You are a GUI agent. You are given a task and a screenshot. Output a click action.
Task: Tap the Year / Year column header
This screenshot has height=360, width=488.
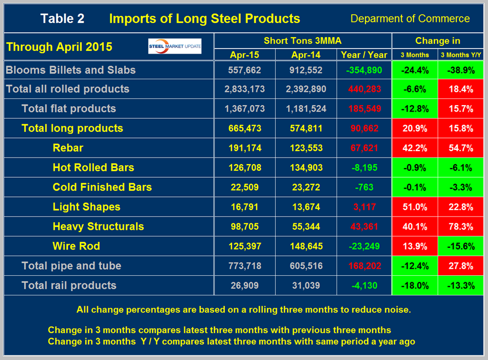point(364,55)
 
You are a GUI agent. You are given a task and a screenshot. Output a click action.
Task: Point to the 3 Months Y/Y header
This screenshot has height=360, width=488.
point(461,55)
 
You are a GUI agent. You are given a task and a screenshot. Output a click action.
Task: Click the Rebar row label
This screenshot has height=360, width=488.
point(68,148)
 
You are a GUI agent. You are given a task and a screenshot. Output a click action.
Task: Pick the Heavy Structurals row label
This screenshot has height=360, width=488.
point(98,227)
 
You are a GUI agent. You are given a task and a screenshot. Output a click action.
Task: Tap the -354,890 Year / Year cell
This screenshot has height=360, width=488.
point(364,70)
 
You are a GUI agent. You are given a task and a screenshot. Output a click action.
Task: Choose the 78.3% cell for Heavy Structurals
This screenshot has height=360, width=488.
point(461,227)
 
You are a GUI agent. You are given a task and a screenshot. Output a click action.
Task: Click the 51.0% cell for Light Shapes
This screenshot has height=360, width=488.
point(414,207)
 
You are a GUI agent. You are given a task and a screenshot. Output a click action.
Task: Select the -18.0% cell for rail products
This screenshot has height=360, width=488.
point(414,286)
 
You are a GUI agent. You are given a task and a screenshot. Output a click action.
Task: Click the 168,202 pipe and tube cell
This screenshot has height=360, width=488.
point(364,266)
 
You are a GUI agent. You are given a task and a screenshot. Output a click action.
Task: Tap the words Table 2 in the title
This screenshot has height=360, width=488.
point(62,19)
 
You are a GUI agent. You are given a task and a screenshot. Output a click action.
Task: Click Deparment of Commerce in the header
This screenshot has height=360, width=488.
point(410,19)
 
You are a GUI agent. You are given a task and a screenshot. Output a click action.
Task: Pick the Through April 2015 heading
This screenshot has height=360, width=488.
point(59,47)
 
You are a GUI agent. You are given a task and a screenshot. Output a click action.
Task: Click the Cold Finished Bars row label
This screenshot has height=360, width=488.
point(102,187)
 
